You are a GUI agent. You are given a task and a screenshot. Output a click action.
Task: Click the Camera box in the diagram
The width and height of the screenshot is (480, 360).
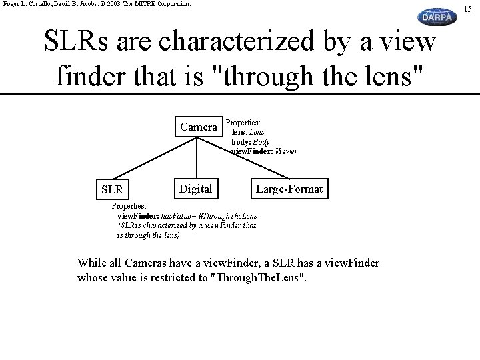[198, 127]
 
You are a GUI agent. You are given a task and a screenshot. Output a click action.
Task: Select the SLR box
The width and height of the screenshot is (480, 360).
[111, 189]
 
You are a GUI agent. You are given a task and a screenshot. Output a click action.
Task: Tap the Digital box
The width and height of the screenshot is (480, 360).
[195, 189]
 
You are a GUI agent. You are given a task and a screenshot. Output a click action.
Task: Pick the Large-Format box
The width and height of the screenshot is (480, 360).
[289, 189]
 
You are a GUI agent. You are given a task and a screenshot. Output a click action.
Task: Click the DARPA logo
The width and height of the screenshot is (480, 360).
[437, 17]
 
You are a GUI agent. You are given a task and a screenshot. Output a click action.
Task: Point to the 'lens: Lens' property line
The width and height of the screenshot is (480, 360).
[248, 132]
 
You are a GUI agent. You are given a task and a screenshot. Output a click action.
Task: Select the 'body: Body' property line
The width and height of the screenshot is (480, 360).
[251, 142]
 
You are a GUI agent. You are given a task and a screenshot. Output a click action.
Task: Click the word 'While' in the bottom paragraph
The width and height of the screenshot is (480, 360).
[91, 263]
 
